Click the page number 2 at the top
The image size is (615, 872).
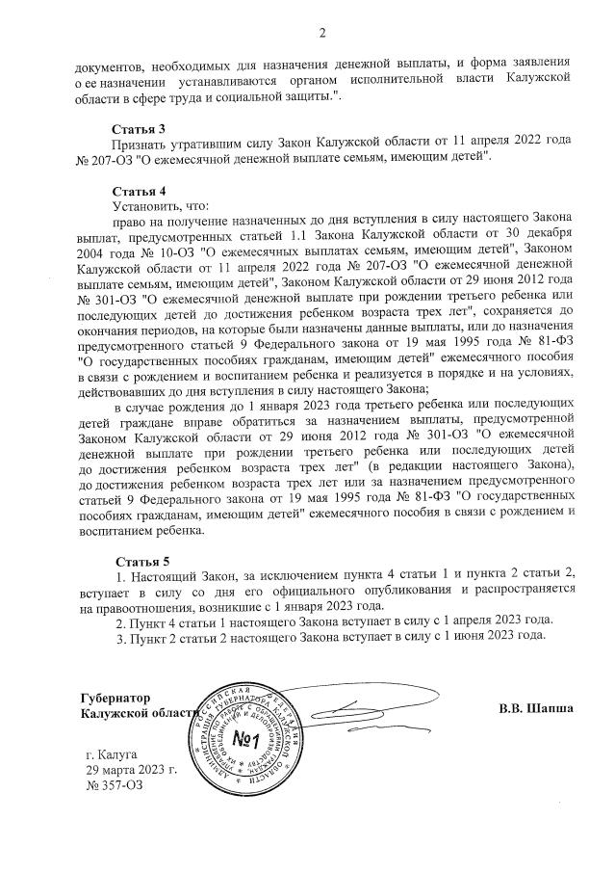(322, 35)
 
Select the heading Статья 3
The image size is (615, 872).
(139, 128)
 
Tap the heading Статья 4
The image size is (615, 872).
(139, 191)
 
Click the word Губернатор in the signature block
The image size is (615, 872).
(115, 695)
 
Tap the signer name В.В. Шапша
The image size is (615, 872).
(535, 708)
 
